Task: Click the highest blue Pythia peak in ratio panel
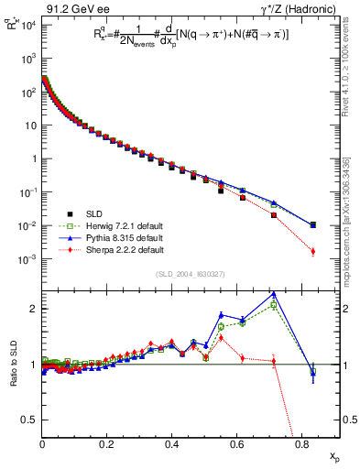pyautogui.click(x=274, y=294)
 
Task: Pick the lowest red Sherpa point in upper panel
pyautogui.click(x=313, y=251)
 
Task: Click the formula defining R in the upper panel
pyautogui.click(x=183, y=38)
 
